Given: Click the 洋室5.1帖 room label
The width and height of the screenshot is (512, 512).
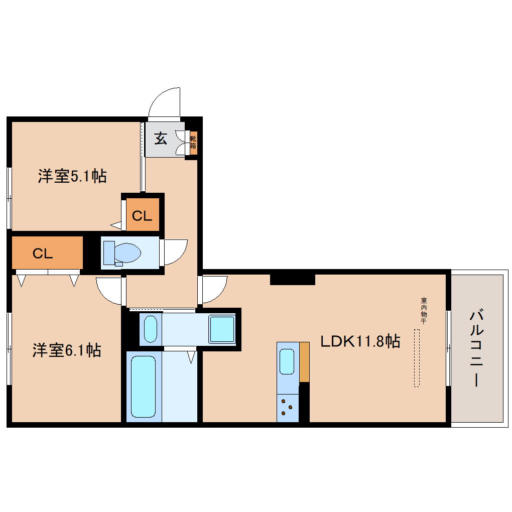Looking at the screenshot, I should [x=72, y=176].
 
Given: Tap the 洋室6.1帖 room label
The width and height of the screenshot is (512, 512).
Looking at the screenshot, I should [x=67, y=350].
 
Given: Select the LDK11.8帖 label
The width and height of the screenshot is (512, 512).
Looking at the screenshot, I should [x=360, y=342].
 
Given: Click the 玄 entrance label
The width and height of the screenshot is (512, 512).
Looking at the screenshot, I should [x=160, y=138].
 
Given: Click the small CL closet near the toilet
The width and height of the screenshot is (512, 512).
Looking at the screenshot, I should [x=142, y=215].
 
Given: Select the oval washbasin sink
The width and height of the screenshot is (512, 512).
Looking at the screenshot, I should [x=151, y=329].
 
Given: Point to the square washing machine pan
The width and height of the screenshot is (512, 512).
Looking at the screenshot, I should [x=222, y=329].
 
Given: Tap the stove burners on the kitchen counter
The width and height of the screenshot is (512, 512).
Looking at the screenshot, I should [x=287, y=407].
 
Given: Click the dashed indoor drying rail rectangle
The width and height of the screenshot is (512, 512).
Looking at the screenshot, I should [x=417, y=357].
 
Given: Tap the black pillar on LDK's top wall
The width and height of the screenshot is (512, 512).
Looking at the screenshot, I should [x=292, y=279].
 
